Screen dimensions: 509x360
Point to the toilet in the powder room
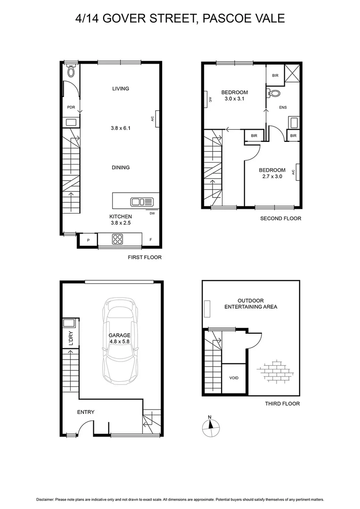[71, 71]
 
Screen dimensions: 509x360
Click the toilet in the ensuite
[274, 93]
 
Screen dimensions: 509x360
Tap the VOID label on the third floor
[234, 378]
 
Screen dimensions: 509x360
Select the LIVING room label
[121, 89]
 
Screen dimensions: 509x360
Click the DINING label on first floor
[121, 167]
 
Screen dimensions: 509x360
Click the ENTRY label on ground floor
[86, 412]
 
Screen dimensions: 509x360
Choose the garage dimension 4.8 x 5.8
[120, 342]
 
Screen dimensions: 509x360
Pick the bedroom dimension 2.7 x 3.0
[272, 177]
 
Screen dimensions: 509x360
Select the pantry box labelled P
[88, 240]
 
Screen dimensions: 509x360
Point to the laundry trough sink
[69, 323]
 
